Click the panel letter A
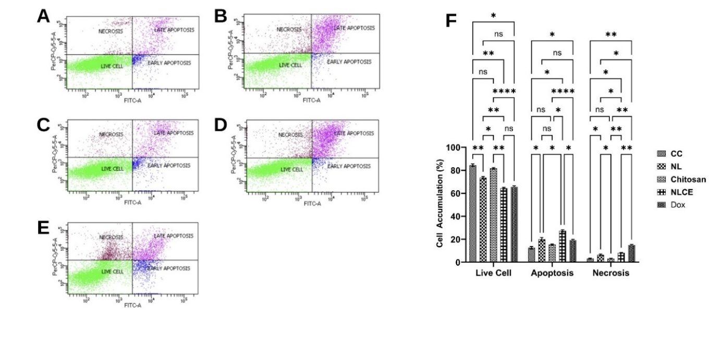(x=44, y=17)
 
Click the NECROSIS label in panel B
(x=289, y=30)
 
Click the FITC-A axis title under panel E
(x=132, y=305)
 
